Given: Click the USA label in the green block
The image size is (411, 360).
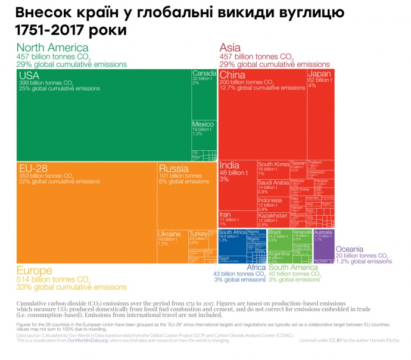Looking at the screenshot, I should (29, 75).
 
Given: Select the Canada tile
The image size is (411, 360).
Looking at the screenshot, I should (204, 89).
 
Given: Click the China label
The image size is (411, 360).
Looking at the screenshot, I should (232, 75).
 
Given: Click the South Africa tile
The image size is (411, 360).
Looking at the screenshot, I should (232, 241).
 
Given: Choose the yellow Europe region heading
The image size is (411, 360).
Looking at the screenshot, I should (35, 270).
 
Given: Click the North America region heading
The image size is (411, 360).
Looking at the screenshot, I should (52, 48).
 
